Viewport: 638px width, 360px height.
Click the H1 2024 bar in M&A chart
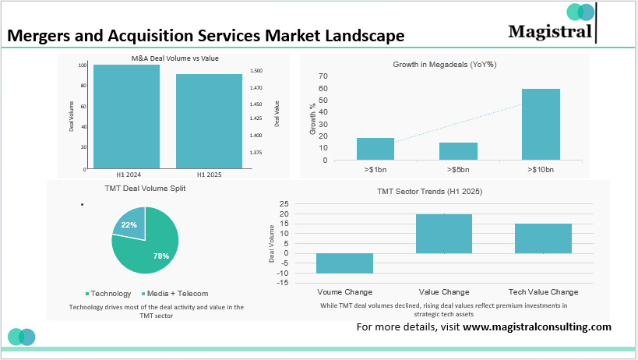[126, 117]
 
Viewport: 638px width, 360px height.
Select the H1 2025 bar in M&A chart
[209, 121]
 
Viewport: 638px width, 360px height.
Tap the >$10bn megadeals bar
[541, 125]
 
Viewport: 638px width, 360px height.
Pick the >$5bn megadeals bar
[458, 151]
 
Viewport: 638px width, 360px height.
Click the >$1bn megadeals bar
[375, 149]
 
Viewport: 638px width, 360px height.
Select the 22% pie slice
[129, 224]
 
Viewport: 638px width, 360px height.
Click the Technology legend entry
[109, 294]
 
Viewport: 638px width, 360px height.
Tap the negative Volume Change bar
[344, 263]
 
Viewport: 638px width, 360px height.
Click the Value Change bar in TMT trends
[443, 234]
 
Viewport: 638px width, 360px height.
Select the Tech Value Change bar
[543, 238]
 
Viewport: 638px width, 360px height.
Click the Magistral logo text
[548, 31]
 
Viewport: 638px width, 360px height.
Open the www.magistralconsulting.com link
[537, 327]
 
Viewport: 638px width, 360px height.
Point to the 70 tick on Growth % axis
[323, 76]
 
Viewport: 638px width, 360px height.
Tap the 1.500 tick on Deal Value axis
[256, 71]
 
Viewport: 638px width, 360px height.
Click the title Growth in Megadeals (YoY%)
[445, 64]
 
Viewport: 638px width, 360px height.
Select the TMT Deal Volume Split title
[145, 189]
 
